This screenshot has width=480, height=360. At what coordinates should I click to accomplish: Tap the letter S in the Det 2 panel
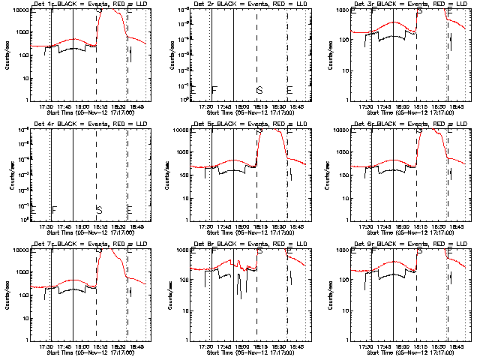259,91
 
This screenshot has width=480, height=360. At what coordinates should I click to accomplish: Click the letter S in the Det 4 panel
99,209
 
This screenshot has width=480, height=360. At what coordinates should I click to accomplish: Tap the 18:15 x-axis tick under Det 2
260,107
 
